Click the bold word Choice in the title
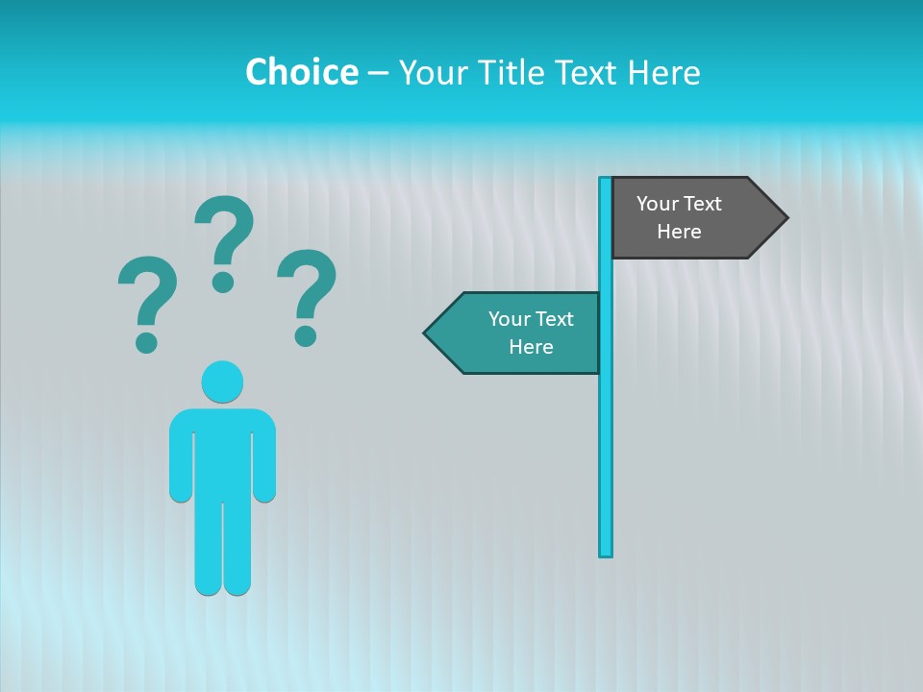tap(301, 72)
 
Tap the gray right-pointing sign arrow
tap(692, 218)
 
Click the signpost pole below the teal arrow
tap(606, 461)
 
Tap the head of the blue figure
tap(222, 382)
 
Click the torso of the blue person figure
tap(222, 452)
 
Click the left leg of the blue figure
tap(209, 548)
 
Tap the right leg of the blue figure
tap(237, 548)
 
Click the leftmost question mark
tap(147, 298)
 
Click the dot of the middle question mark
tap(223, 282)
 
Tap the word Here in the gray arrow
tap(679, 232)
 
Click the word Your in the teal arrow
tap(508, 319)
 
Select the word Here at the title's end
tap(663, 73)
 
